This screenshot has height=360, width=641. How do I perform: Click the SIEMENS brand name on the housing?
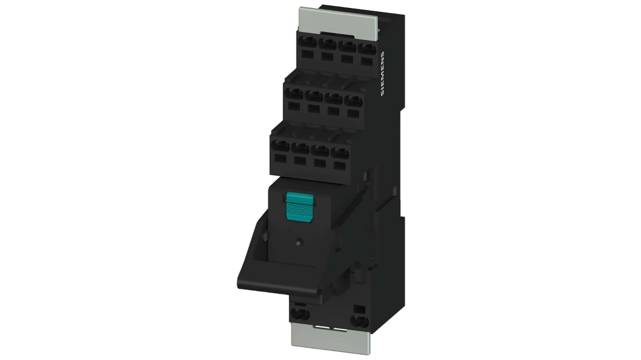(383, 74)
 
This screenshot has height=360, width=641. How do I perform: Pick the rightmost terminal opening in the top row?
(367, 49)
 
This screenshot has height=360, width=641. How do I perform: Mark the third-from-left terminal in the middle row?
(334, 97)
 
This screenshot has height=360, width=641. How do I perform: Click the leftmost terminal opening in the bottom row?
(281, 147)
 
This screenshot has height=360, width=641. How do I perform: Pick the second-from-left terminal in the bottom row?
(300, 148)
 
